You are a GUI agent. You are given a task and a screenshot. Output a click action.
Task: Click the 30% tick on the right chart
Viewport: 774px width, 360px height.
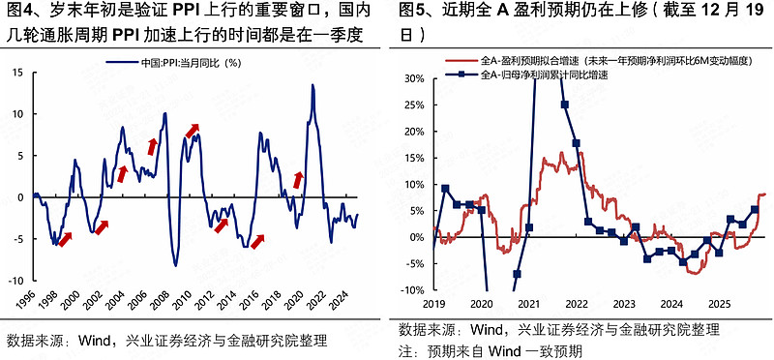tap(413, 78)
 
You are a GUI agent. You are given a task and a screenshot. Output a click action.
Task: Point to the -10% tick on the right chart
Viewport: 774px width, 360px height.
tap(410, 289)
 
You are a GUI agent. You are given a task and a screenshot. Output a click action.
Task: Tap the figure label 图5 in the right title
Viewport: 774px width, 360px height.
tap(414, 12)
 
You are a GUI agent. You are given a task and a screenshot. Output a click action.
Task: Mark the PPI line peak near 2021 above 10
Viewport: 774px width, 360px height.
tap(313, 85)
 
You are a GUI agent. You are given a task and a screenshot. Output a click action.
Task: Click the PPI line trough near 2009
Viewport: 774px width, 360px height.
tap(175, 265)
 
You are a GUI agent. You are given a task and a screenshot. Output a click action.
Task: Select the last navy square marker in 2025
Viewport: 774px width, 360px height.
tap(755, 209)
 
